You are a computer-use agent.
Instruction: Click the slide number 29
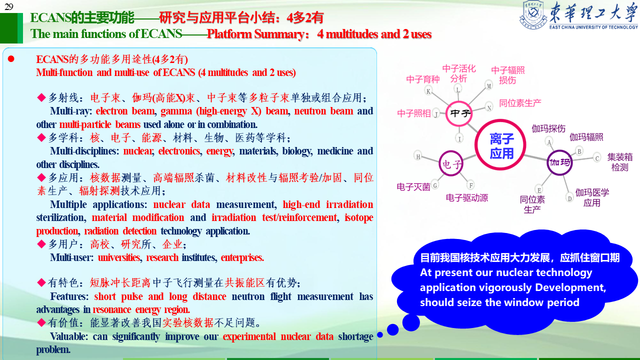click(x=9, y=6)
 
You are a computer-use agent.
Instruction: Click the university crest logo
click(x=533, y=14)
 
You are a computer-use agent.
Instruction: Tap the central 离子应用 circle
click(x=500, y=145)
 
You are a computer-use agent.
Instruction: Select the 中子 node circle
click(x=459, y=113)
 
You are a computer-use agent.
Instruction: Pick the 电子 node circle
click(x=451, y=163)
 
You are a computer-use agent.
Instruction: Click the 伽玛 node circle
click(x=559, y=162)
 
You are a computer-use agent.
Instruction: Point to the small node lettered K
click(x=428, y=91)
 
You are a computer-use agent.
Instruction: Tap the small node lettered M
click(x=489, y=85)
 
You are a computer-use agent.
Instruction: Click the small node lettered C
click(x=597, y=157)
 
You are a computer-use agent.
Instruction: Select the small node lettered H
click(x=418, y=156)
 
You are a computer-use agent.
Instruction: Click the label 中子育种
click(x=423, y=79)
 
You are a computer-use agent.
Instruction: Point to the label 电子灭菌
click(x=413, y=187)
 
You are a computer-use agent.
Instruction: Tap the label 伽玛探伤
click(x=548, y=128)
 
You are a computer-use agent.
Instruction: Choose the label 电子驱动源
click(x=467, y=197)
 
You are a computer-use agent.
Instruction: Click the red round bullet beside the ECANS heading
click(x=11, y=59)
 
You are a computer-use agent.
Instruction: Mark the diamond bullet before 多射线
click(x=41, y=97)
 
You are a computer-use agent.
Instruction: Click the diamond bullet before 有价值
click(x=41, y=322)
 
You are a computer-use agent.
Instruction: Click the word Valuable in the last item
click(x=69, y=336)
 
